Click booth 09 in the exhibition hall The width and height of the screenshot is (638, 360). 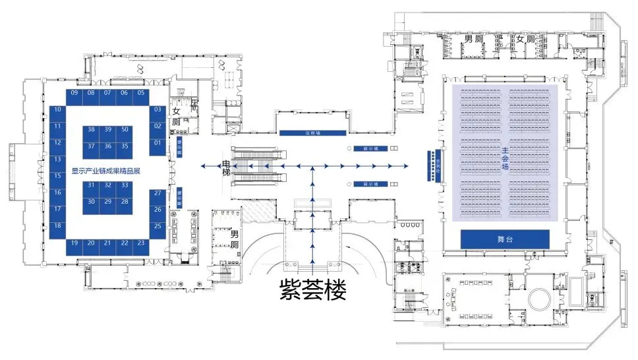point(75,93)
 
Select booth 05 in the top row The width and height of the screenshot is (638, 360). point(141,93)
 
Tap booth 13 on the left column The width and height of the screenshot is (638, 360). point(58,159)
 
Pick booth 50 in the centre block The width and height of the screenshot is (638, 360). point(125,130)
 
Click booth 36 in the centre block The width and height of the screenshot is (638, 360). point(108,146)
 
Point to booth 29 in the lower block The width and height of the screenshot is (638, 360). point(108,201)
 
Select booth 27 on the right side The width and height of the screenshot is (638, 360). point(158,193)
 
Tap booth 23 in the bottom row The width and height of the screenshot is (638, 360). point(141,243)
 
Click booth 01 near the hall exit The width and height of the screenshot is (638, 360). point(158,142)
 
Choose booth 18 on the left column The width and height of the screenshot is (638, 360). point(58,225)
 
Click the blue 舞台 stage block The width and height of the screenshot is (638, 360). point(506,239)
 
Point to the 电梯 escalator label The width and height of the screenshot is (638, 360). point(226,167)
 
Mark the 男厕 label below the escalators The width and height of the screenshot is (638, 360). point(234,241)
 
